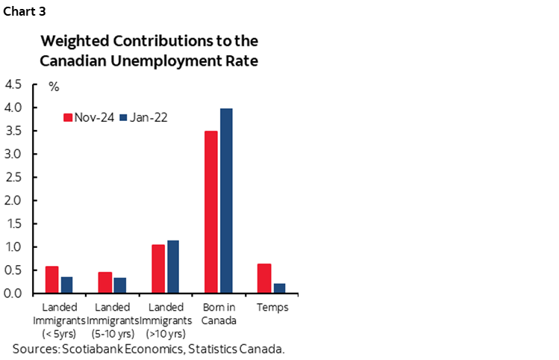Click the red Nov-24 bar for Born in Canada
pyautogui.click(x=211, y=212)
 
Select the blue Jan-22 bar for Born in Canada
pyautogui.click(x=226, y=201)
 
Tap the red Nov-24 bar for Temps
pyautogui.click(x=263, y=278)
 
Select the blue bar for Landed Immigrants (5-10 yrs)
pyautogui.click(x=120, y=285)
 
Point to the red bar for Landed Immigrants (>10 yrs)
pyautogui.click(x=158, y=269)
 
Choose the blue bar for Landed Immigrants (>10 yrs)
pyautogui.click(x=173, y=267)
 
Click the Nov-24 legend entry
pyautogui.click(x=89, y=117)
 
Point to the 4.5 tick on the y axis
pyautogui.click(x=14, y=84)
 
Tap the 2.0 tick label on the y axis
pyautogui.click(x=14, y=200)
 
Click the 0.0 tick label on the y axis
pyautogui.click(x=14, y=293)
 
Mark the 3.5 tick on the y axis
pyautogui.click(x=14, y=131)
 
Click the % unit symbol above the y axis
pyautogui.click(x=54, y=87)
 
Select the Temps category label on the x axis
pyautogui.click(x=272, y=307)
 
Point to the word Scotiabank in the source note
pyautogui.click(x=103, y=349)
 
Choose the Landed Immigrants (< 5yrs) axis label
pyautogui.click(x=59, y=320)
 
